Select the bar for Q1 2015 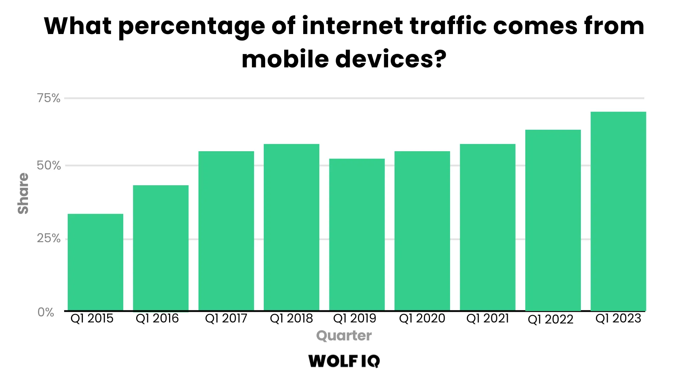95,262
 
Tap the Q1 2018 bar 291,227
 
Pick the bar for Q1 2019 357,234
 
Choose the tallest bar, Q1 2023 618,211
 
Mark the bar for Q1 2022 553,220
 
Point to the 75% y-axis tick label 49,98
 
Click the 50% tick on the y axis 49,166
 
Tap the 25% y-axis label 49,238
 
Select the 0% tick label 46,312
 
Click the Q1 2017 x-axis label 226,319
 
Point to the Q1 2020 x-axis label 422,319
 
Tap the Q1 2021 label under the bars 487,319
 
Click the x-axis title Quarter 344,336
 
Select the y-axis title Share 23,193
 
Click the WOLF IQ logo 344,361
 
